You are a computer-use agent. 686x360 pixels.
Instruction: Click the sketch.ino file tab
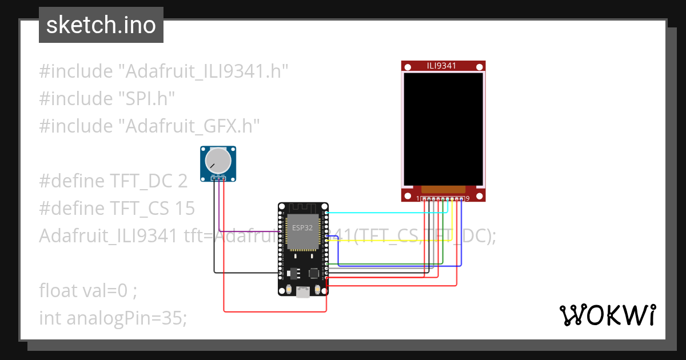(101, 25)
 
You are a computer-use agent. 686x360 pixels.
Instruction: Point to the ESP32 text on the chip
(302, 227)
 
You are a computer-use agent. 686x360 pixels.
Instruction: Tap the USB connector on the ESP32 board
(303, 292)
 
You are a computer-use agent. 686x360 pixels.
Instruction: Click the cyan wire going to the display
(383, 213)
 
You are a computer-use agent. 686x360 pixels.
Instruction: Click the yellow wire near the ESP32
(389, 241)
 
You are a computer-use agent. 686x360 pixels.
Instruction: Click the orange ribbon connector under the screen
(443, 189)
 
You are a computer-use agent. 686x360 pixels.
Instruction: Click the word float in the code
(58, 290)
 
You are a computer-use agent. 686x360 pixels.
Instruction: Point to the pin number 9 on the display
(468, 198)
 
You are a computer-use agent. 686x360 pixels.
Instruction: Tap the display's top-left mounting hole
(408, 67)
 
